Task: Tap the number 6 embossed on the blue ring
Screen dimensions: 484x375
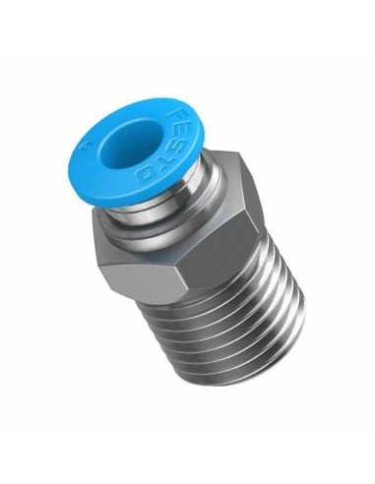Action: (90, 151)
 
